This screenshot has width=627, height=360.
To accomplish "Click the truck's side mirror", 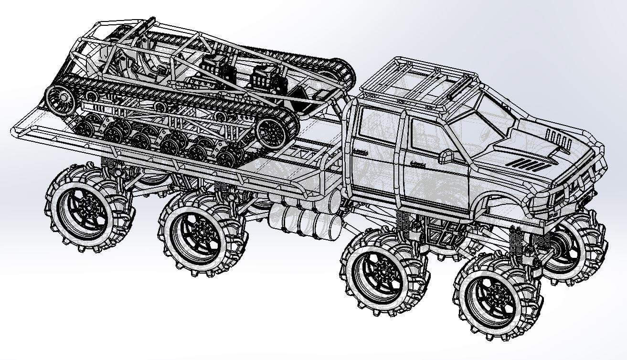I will (x=447, y=156).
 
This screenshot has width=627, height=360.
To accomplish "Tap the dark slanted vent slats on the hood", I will (x=525, y=165).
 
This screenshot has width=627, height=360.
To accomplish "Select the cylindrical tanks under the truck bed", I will (x=306, y=220).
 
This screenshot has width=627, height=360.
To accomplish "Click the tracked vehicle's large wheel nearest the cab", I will (x=276, y=130).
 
